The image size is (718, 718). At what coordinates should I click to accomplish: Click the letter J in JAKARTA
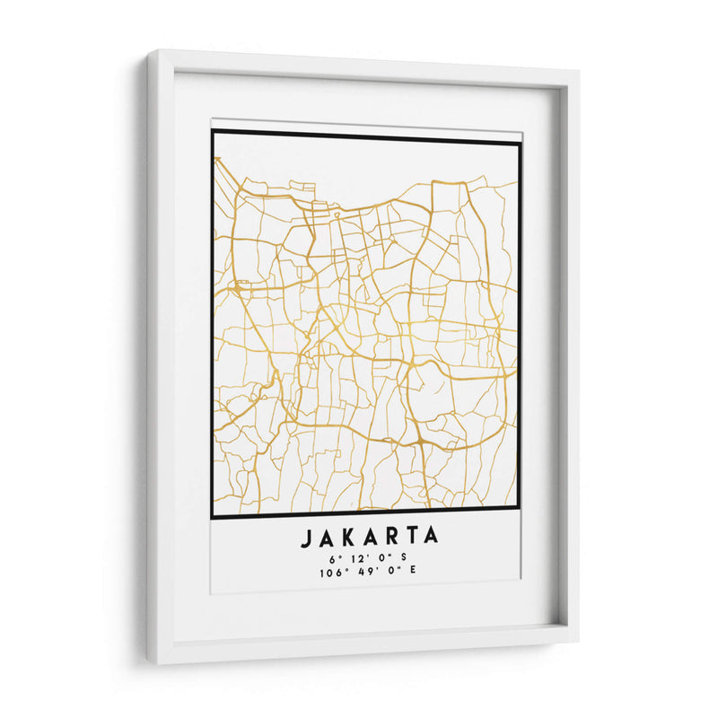point(306,537)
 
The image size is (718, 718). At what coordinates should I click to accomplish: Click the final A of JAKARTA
point(432,537)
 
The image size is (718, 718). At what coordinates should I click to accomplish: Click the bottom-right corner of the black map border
point(520,517)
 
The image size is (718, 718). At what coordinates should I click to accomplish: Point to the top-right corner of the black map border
point(520,141)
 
